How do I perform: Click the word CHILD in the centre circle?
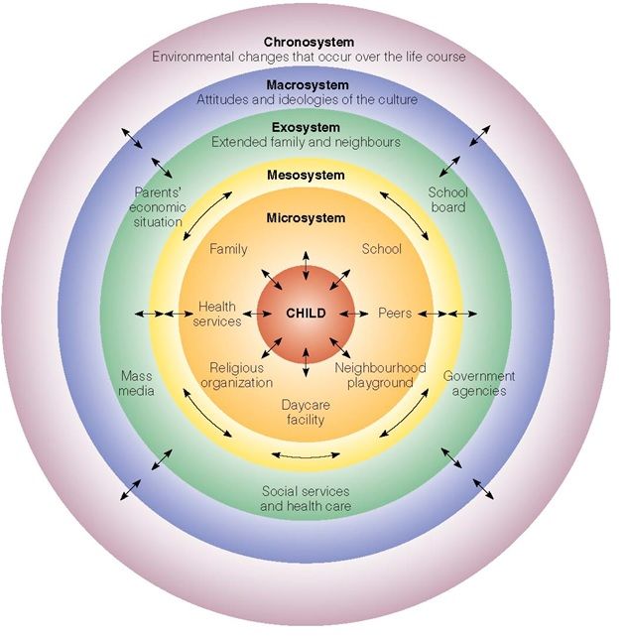tap(306, 314)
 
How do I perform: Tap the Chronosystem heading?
tap(308, 42)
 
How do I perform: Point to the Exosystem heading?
tap(306, 128)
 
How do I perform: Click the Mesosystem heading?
tap(306, 176)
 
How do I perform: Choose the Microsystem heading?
tap(306, 217)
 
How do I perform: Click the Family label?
tap(228, 249)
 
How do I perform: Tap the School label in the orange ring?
tap(382, 249)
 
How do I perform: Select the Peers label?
tap(395, 314)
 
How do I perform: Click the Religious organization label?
tap(236, 375)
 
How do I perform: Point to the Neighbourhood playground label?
tap(380, 375)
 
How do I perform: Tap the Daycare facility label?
tap(306, 413)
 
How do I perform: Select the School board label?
tap(447, 199)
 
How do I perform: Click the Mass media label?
tap(137, 383)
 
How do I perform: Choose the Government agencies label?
tap(479, 383)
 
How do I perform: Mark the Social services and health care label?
tap(306, 498)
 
